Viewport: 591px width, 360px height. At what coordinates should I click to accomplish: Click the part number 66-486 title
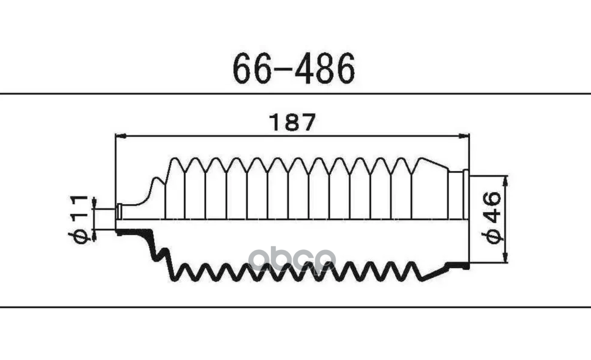click(x=294, y=68)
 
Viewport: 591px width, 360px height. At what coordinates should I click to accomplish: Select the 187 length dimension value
click(x=292, y=122)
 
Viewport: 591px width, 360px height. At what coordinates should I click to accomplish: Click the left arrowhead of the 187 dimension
click(x=120, y=136)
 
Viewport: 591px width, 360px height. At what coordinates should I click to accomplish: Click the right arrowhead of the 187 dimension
click(x=464, y=136)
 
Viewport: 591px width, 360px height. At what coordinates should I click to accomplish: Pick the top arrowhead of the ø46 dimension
click(x=505, y=181)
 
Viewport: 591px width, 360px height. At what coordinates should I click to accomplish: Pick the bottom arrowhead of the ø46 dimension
click(x=505, y=257)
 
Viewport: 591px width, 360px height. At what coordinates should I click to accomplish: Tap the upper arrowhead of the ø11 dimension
click(x=94, y=203)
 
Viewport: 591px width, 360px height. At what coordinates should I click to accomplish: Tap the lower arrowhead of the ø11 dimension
click(x=94, y=236)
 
